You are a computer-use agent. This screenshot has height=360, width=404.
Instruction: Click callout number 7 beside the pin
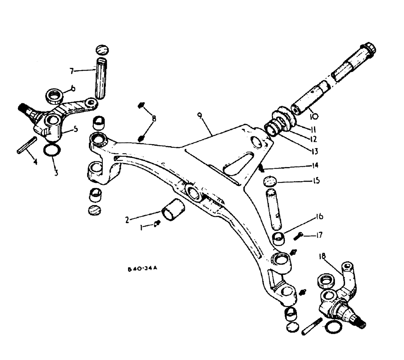tap(72, 71)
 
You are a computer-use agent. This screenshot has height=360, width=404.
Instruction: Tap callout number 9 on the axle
tap(200, 116)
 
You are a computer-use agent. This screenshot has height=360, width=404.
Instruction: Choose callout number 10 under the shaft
tap(314, 116)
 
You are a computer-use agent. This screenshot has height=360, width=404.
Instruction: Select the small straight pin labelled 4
tap(27, 145)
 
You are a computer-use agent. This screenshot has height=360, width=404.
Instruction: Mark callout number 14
tap(315, 165)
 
